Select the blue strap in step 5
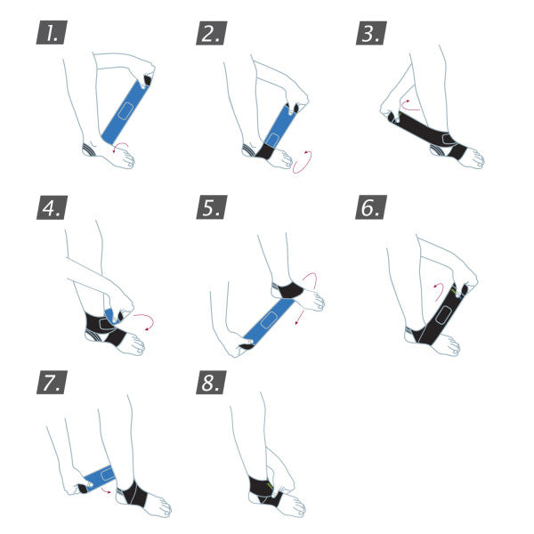coord(270,316)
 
